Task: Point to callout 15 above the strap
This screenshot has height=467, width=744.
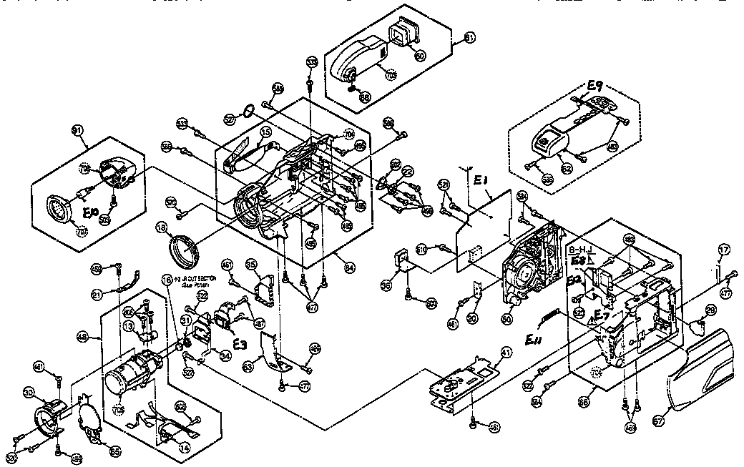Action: (265, 132)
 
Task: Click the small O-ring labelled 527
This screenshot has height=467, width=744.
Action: (248, 112)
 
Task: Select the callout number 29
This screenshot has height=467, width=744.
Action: (710, 309)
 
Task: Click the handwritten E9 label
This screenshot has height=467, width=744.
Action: (595, 89)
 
